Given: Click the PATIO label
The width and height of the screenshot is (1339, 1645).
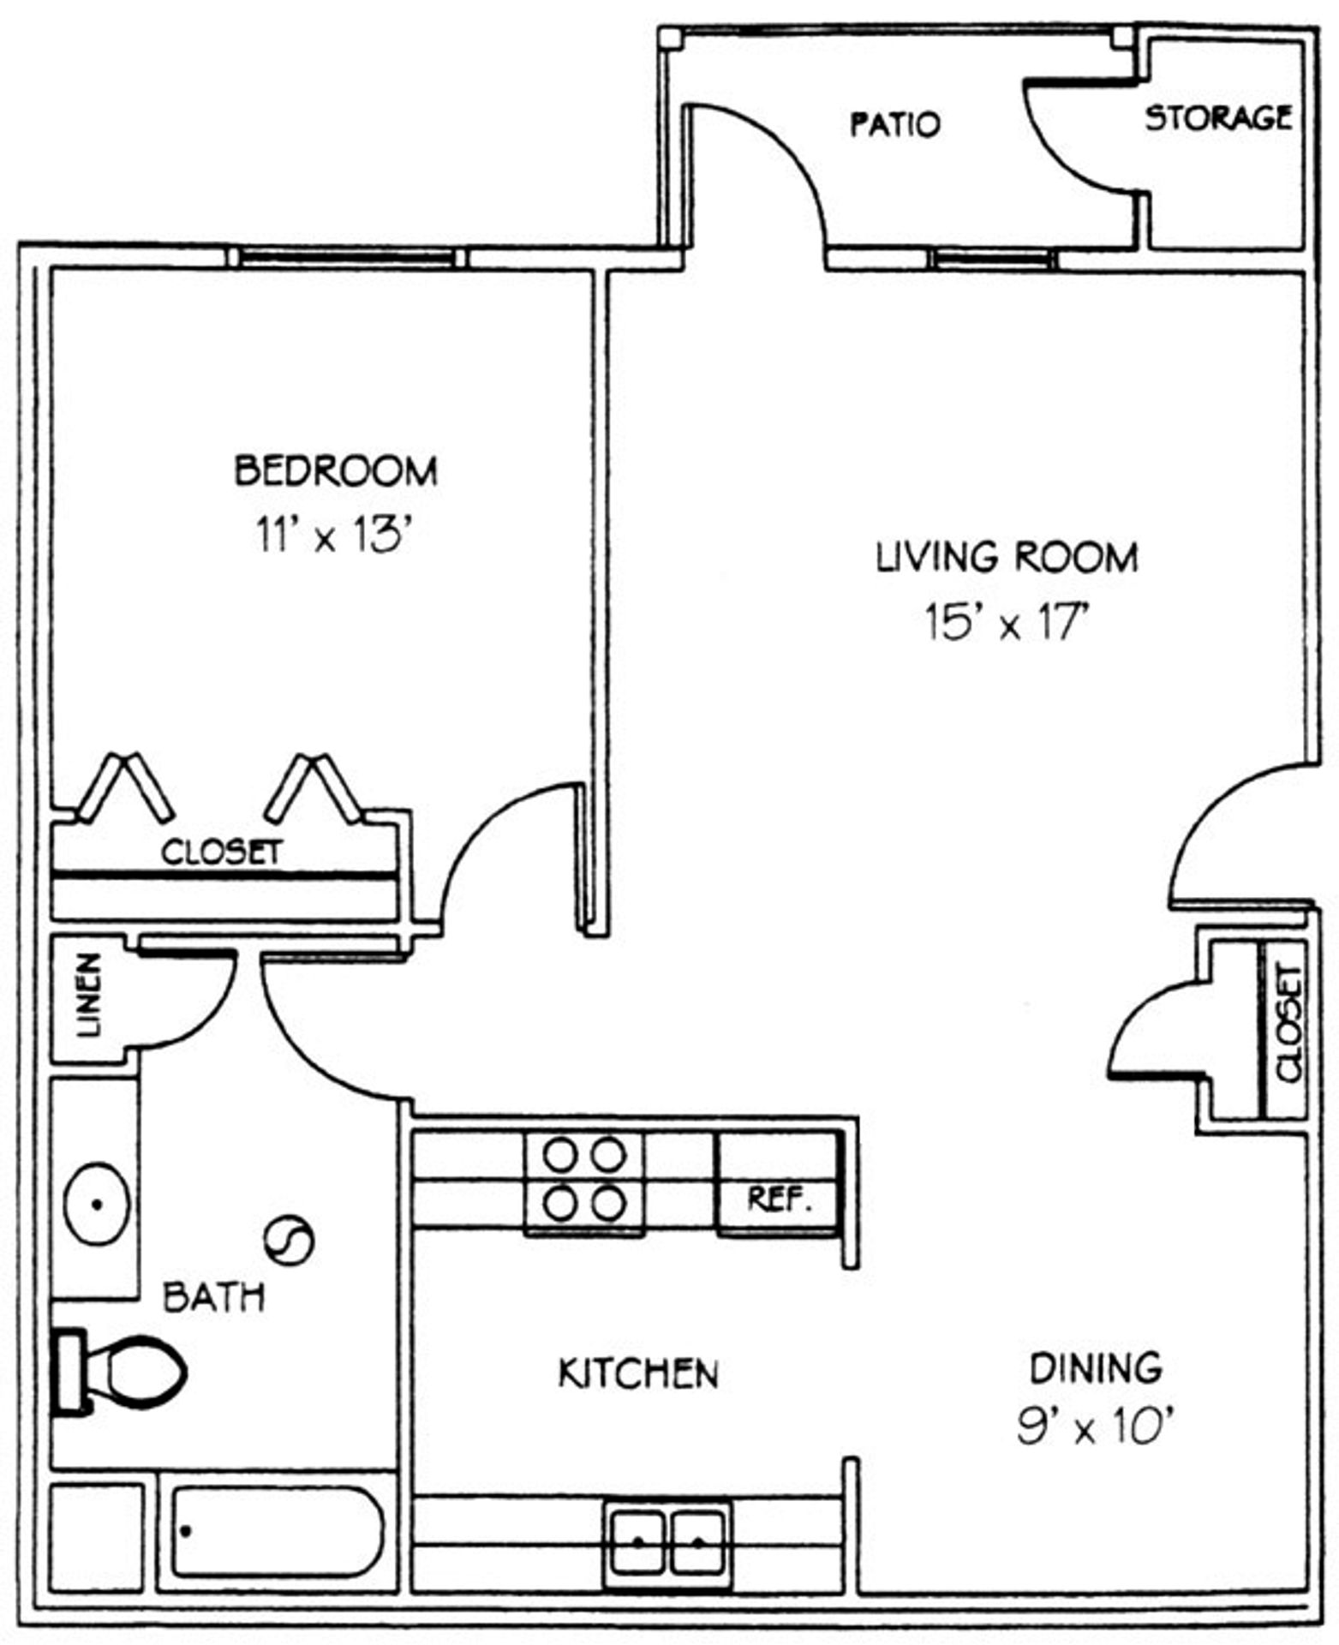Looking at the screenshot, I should (x=894, y=124).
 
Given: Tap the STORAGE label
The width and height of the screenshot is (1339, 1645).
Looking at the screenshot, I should (x=1218, y=117).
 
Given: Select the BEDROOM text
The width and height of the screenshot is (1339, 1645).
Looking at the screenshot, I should (x=336, y=471).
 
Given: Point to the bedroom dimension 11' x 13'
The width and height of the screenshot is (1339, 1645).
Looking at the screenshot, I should (x=336, y=537).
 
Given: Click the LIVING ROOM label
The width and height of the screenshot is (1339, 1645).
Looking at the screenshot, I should (x=1007, y=558).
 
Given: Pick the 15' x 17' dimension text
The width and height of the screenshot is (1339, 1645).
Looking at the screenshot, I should (x=1007, y=623).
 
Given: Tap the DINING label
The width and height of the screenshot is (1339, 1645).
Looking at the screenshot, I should (x=1096, y=1368).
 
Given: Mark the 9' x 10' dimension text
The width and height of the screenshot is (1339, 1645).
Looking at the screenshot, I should (x=1094, y=1427).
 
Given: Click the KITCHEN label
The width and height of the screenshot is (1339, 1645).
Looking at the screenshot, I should (x=638, y=1373).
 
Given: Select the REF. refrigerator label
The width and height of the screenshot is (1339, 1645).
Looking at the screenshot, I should (x=779, y=1199).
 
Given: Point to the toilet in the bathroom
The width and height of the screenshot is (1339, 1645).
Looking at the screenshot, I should (x=120, y=1372).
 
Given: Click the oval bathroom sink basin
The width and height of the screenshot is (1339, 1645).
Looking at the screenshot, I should (x=98, y=1203).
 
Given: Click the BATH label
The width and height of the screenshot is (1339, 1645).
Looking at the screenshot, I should (x=214, y=1297).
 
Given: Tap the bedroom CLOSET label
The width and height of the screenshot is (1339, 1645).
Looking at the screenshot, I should (x=222, y=852).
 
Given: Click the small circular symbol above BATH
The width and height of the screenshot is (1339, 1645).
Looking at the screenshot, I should (x=288, y=1240).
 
